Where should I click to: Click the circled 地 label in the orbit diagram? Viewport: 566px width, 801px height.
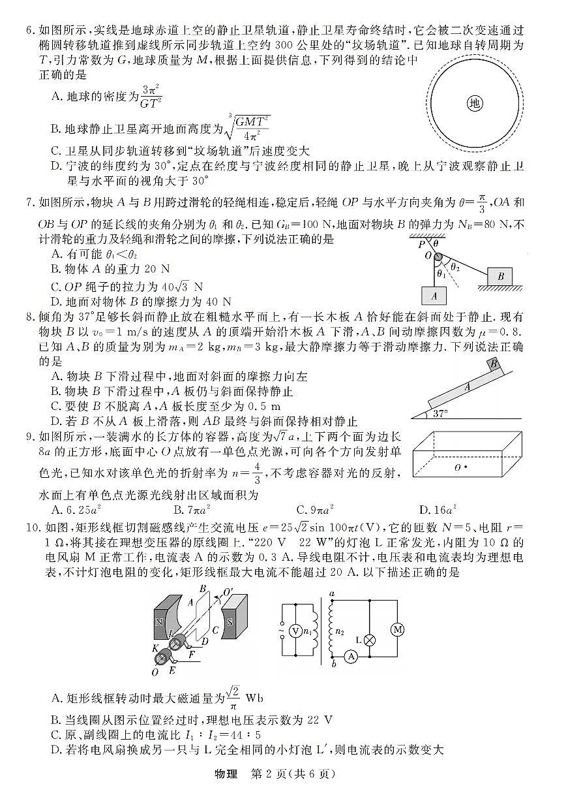click(475, 102)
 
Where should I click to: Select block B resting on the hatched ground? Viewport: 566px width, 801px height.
click(500, 276)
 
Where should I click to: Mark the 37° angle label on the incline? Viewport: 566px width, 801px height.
click(441, 413)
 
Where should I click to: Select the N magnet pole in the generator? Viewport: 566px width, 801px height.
click(159, 621)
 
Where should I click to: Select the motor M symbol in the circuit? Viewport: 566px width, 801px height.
click(397, 629)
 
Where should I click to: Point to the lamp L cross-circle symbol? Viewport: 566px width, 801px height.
click(370, 640)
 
